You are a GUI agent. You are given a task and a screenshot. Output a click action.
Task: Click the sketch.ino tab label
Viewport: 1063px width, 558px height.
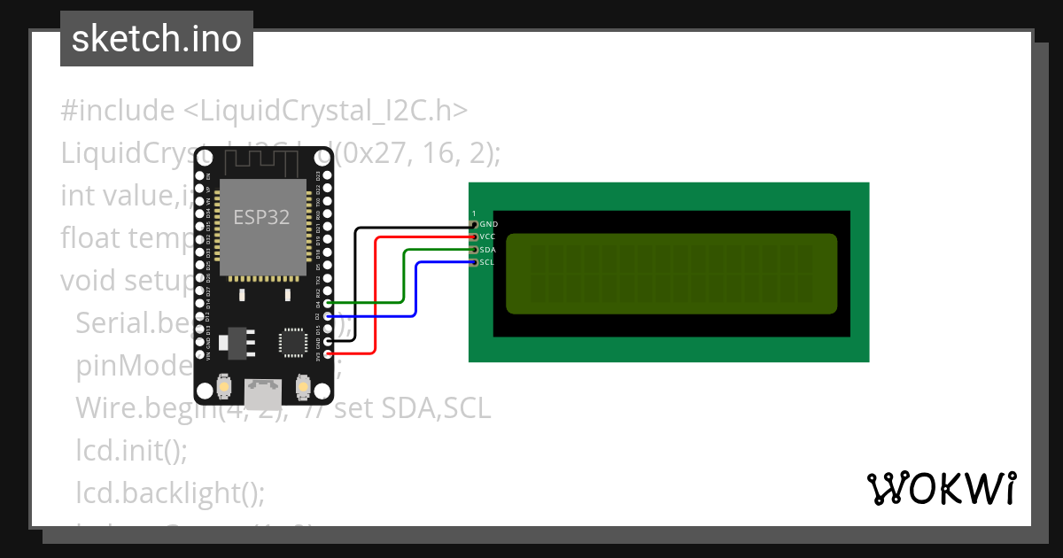tap(156, 39)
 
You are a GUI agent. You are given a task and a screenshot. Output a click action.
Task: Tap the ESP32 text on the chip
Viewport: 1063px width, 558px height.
tap(261, 217)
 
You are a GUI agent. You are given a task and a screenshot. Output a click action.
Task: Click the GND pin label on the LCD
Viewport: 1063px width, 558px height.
tap(488, 225)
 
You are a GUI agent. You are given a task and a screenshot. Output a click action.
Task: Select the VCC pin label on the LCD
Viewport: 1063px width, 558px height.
tap(488, 237)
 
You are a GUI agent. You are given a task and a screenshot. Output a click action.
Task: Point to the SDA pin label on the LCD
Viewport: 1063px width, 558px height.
tap(488, 250)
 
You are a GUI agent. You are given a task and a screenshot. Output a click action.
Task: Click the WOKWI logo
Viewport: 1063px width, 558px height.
tap(941, 488)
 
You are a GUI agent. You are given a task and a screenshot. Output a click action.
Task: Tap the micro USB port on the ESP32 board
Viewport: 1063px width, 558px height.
tap(263, 393)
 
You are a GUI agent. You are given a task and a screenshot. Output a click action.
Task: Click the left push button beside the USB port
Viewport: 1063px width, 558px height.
tap(224, 388)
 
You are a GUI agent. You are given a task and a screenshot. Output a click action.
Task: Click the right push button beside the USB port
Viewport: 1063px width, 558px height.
tap(303, 388)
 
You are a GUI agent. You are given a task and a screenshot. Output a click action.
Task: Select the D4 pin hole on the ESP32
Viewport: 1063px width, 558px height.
tap(329, 303)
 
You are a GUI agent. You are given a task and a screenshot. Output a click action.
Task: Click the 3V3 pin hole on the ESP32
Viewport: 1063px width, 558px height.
tap(329, 354)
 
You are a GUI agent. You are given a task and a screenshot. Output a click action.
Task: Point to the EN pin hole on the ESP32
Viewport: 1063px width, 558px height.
tap(198, 176)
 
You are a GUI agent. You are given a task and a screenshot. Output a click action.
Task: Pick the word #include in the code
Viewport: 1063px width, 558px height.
tap(118, 111)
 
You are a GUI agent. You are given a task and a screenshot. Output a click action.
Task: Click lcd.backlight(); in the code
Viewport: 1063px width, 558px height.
tap(170, 491)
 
